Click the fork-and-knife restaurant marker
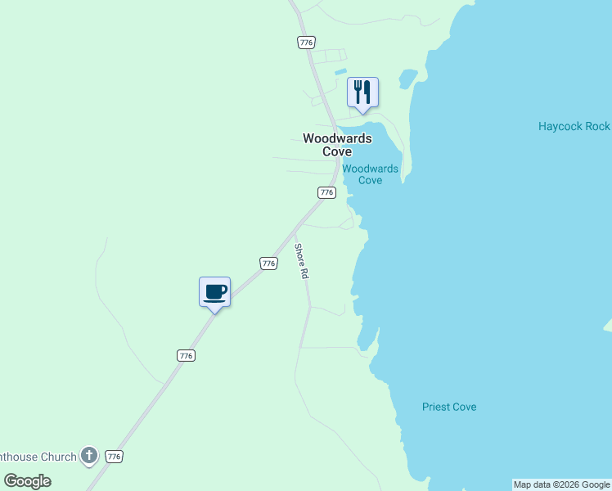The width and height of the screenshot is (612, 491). pos(362,92)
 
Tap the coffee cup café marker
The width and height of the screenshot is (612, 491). pos(214,291)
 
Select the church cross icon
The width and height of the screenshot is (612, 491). pos(89,456)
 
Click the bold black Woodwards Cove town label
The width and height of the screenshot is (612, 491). pos(337,145)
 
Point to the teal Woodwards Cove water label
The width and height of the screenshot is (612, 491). pos(370,174)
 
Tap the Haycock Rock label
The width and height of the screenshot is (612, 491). pos(574,126)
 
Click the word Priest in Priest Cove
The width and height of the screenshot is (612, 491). pos(438,407)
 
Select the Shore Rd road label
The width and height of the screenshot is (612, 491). pos(302,262)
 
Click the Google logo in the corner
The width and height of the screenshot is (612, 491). pos(28,480)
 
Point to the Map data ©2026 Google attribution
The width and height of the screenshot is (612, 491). pos(561,484)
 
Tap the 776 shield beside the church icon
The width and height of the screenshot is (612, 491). pos(115,457)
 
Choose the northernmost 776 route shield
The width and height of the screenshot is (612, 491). pos(306,42)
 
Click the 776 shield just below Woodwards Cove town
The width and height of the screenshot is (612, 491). pos(326,192)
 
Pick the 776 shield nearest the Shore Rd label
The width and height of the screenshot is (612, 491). pos(268,263)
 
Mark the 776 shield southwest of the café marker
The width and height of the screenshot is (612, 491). pos(186,355)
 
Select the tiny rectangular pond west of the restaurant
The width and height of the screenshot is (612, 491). pos(341,72)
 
